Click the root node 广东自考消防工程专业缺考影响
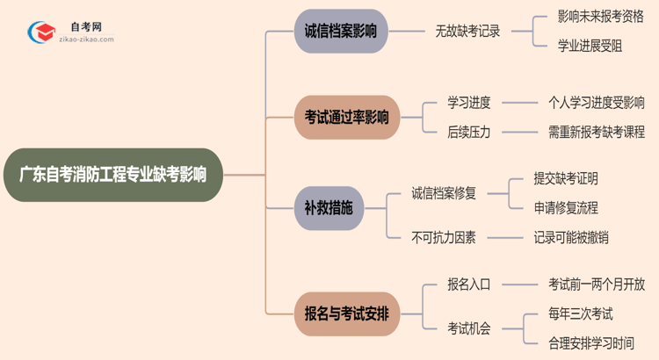(112, 175)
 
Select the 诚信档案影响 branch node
(341, 32)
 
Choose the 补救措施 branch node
(329, 208)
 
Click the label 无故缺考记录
(467, 32)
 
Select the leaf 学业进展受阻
(590, 47)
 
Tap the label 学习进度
(468, 102)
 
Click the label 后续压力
(468, 133)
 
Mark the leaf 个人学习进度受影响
(596, 102)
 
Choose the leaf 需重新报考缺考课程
(596, 133)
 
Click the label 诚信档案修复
(444, 193)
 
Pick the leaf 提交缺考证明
(566, 178)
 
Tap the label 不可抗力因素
(444, 237)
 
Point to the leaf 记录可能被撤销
(571, 237)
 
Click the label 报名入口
(468, 284)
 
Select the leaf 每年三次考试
(581, 313)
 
